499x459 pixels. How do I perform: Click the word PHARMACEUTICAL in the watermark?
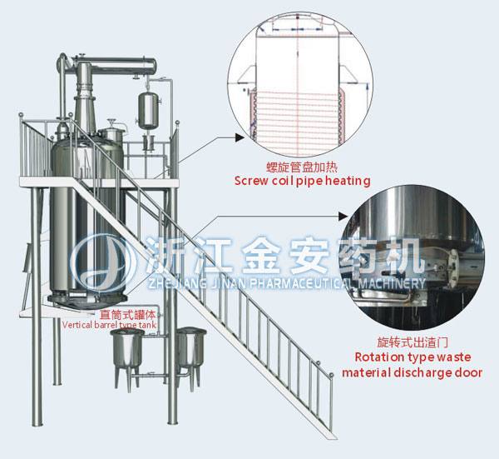pyautogui.click(x=316, y=283)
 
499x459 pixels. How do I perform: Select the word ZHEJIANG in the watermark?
pyautogui.click(x=169, y=283)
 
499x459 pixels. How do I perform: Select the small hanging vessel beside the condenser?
pyautogui.click(x=151, y=107)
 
